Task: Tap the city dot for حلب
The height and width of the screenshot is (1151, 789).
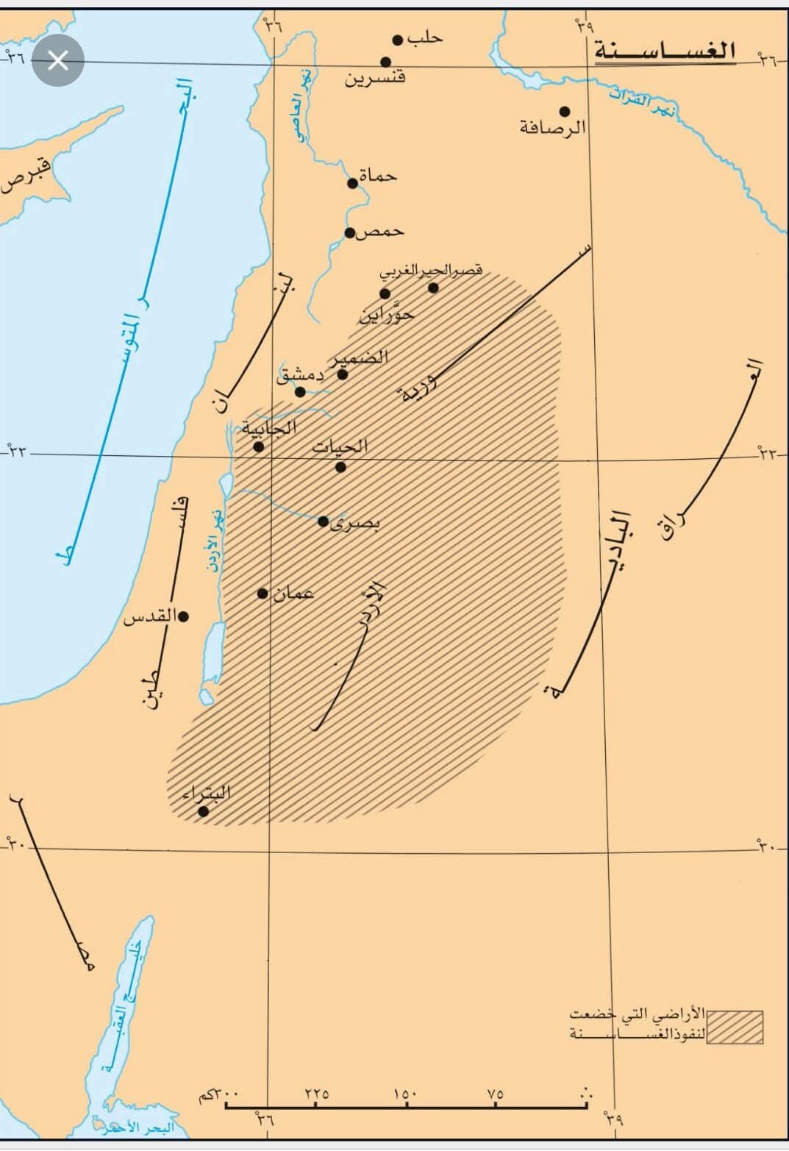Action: pyautogui.click(x=398, y=40)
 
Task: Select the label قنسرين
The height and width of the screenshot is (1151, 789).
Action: pyautogui.click(x=375, y=76)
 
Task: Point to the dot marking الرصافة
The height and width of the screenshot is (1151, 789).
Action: pyautogui.click(x=565, y=112)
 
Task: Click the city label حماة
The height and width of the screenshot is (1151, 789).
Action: pyautogui.click(x=378, y=176)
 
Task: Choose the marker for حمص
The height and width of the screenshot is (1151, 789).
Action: pyautogui.click(x=351, y=233)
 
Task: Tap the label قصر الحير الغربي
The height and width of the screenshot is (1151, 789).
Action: pyautogui.click(x=431, y=271)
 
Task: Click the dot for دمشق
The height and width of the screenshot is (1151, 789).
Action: pyautogui.click(x=300, y=391)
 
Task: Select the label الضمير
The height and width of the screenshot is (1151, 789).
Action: pyautogui.click(x=361, y=358)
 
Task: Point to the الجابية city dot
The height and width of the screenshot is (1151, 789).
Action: pyautogui.click(x=259, y=446)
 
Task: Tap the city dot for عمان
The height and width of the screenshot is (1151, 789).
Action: pyautogui.click(x=263, y=594)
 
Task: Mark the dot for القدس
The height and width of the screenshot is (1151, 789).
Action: pyautogui.click(x=184, y=616)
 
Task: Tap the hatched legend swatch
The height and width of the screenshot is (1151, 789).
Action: pyautogui.click(x=735, y=1027)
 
